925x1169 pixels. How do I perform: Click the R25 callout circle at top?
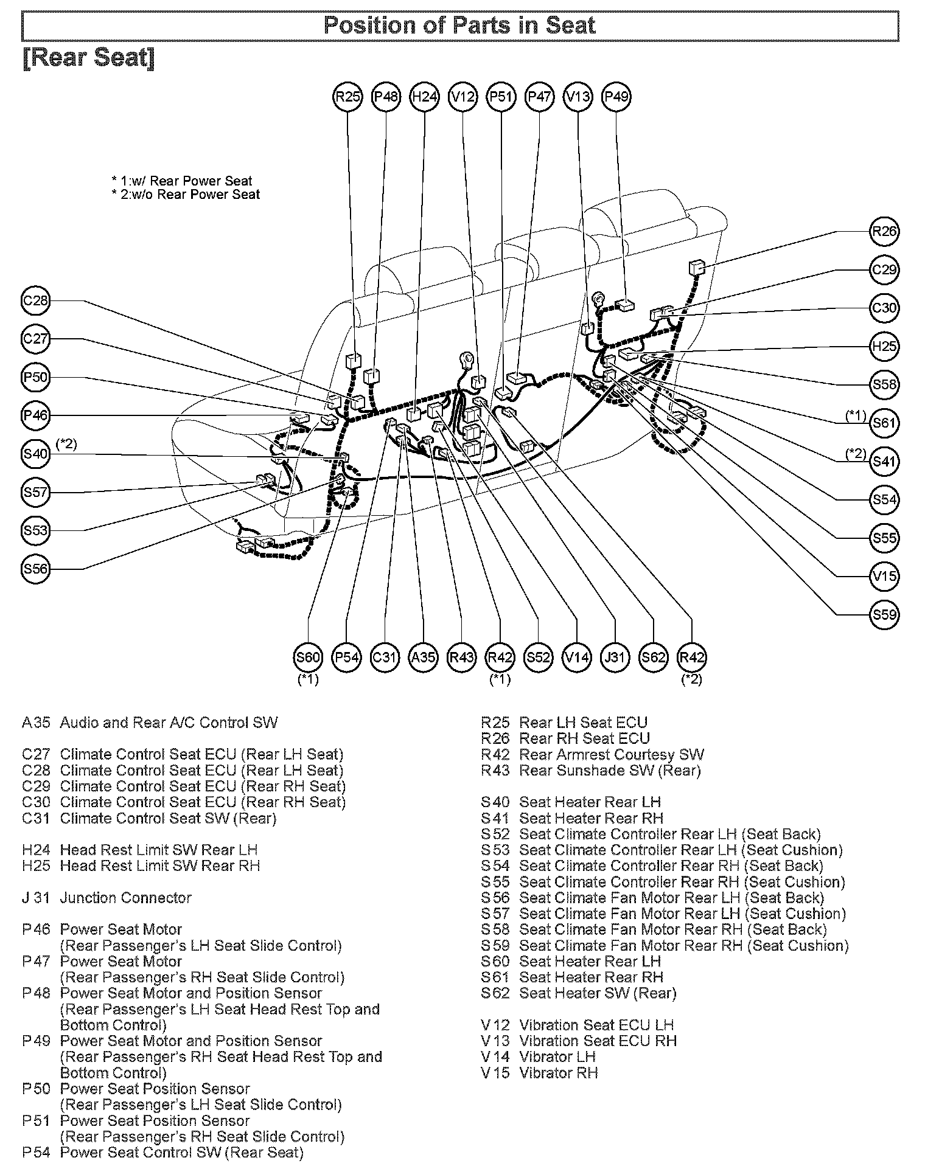click(x=347, y=96)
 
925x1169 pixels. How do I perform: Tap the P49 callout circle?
click(x=616, y=96)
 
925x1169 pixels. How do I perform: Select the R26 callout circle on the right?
click(x=884, y=231)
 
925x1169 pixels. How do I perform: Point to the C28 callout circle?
click(x=35, y=300)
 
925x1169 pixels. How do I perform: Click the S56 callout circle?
click(x=35, y=569)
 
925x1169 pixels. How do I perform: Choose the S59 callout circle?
click(x=884, y=614)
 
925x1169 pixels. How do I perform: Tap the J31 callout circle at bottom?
click(x=615, y=657)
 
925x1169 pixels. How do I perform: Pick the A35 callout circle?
click(x=423, y=657)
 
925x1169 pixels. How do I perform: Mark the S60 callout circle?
click(x=308, y=657)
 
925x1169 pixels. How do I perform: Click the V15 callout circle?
click(x=884, y=576)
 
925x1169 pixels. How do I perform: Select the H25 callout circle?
click(x=884, y=346)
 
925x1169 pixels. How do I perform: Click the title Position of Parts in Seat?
click(x=460, y=26)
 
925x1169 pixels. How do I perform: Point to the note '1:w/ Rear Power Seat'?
click(x=186, y=181)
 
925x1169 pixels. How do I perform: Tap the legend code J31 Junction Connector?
click(x=106, y=898)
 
